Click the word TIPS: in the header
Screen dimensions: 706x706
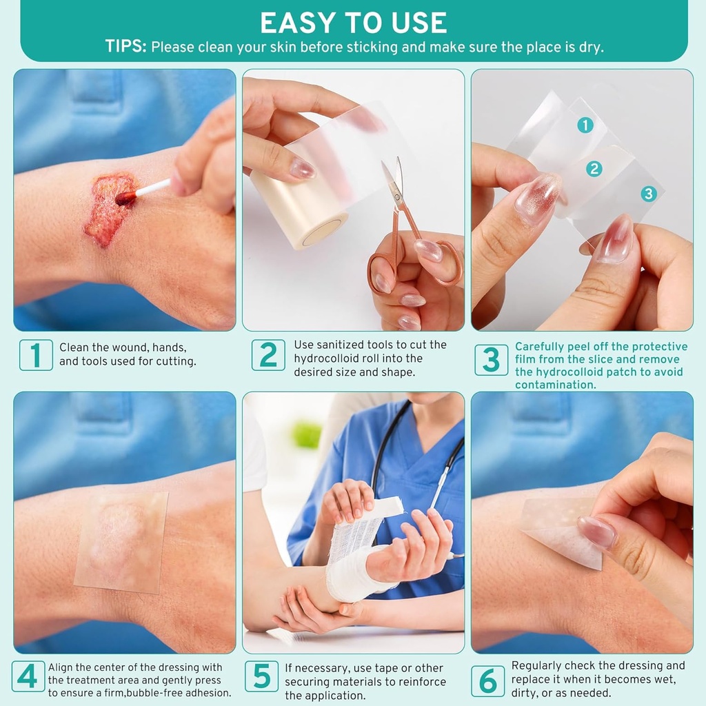coord(125,47)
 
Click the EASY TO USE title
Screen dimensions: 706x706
coord(353,23)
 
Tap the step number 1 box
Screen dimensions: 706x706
coord(36,355)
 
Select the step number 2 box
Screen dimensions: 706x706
coord(268,355)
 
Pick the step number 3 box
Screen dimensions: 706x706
coord(491,359)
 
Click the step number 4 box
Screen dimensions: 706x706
coord(28,678)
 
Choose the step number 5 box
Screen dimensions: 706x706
coord(262,678)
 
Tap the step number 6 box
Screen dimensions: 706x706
coord(487,680)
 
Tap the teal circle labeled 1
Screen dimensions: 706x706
coord(585,125)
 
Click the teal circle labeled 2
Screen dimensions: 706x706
coord(594,169)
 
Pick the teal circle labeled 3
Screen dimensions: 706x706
coord(647,194)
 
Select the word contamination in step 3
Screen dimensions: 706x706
coord(555,385)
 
